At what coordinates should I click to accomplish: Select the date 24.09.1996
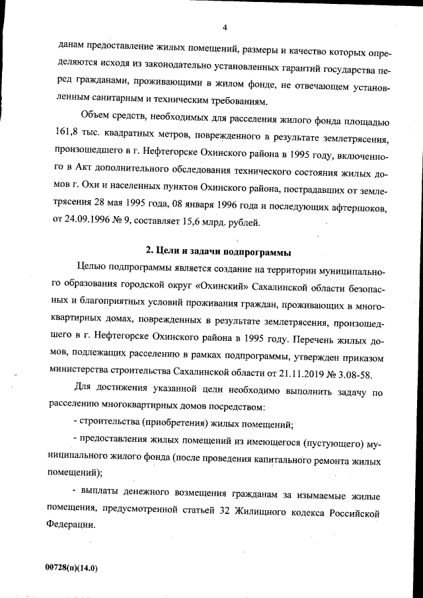[x=95, y=223]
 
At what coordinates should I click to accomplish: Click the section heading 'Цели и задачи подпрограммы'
[x=218, y=252]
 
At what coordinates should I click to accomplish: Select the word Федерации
[x=85, y=529]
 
